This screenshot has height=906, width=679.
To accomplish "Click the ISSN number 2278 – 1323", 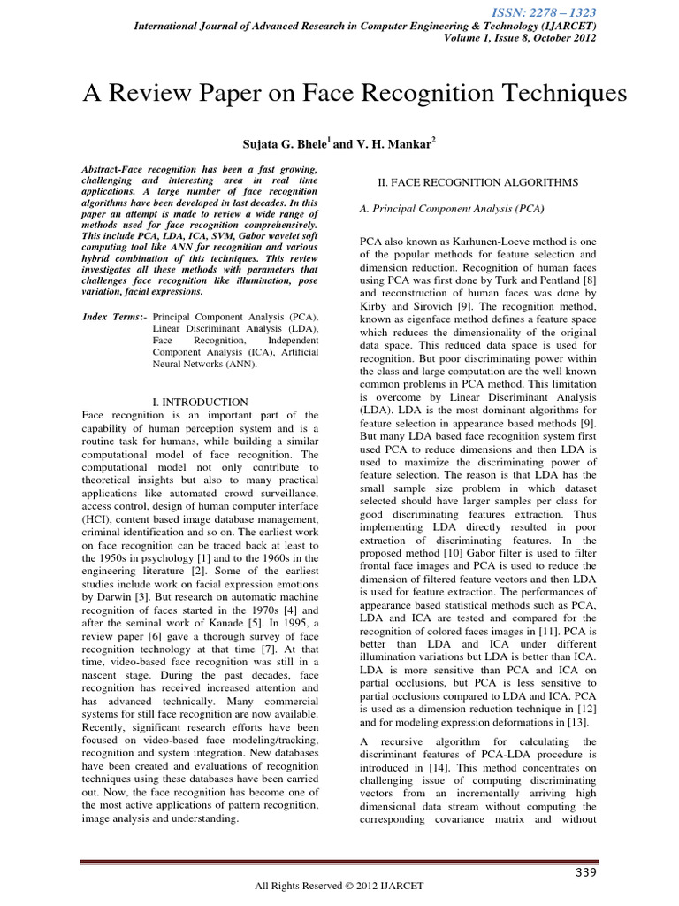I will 556,12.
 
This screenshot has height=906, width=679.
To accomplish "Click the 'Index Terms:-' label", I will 114,316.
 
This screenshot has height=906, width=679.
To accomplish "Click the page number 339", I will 581,874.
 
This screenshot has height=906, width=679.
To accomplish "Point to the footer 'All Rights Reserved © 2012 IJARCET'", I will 339,887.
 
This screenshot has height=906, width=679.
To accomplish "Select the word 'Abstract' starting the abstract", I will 103,166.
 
